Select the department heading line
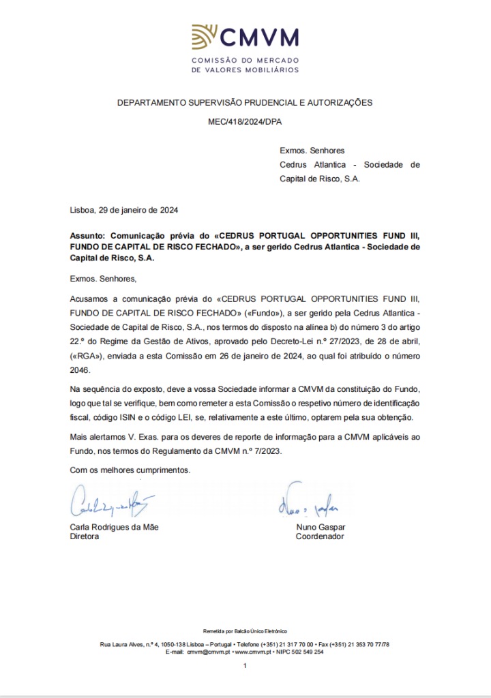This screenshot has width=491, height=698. click(245, 102)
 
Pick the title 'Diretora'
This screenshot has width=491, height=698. click(85, 536)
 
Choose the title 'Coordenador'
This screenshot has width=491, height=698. click(320, 536)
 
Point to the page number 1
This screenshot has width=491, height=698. click(245, 666)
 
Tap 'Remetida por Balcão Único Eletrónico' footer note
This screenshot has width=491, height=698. click(245, 631)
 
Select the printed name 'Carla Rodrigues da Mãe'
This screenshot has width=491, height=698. click(115, 527)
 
